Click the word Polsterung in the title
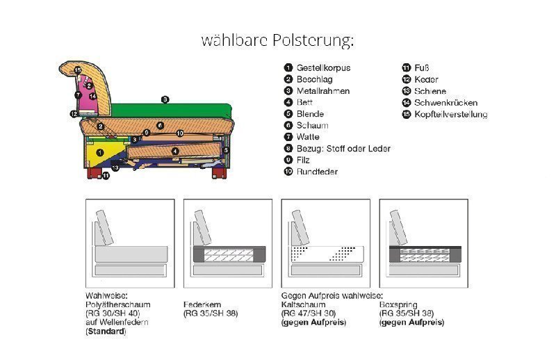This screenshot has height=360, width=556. pyautogui.click(x=313, y=40)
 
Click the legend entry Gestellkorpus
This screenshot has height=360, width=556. pyautogui.click(x=323, y=68)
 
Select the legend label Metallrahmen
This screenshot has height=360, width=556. pyautogui.click(x=322, y=91)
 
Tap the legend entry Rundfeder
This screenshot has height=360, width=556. pyautogui.click(x=317, y=171)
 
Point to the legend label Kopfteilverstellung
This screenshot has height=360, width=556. pyautogui.click(x=450, y=114)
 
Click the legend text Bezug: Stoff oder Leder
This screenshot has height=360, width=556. pyautogui.click(x=343, y=148)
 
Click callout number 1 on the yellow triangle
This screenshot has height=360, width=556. pyautogui.click(x=99, y=152)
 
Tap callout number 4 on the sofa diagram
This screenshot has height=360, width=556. pyautogui.click(x=175, y=151)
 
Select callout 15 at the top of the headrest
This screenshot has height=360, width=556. pyautogui.click(x=78, y=70)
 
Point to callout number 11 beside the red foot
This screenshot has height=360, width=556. pyautogui.click(x=105, y=176)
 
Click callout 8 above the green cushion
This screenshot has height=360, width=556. pyautogui.click(x=164, y=99)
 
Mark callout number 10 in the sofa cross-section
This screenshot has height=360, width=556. pyautogui.click(x=179, y=133)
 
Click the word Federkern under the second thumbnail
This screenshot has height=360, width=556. pyautogui.click(x=202, y=304)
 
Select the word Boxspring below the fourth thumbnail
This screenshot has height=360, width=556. pyautogui.click(x=398, y=304)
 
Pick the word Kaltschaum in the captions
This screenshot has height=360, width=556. pyautogui.click(x=300, y=304)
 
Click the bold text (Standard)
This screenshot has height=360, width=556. pyautogui.click(x=106, y=332)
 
